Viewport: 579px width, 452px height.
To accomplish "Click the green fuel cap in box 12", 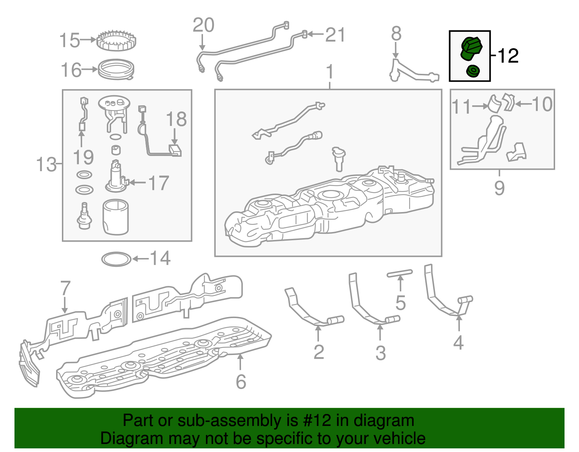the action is coord(472,49).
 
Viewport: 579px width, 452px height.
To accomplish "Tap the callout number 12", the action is coord(508,56).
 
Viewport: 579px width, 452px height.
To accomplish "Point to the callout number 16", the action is coord(71,70).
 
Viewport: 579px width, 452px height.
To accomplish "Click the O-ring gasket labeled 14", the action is coord(116,259).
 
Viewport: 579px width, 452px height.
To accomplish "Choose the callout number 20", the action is coord(204,25).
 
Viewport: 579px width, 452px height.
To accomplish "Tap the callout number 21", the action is coord(335,35).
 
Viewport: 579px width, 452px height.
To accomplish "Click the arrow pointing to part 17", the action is coord(138,182).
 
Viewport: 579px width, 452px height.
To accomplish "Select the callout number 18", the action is coord(176,119).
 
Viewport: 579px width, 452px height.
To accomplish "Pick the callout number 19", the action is coord(83,157).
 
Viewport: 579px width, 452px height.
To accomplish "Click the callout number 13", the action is coord(46,164).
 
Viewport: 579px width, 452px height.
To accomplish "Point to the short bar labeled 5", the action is coord(400,274).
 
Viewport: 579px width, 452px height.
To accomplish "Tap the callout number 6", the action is coord(241,382).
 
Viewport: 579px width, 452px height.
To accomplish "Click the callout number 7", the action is coord(65,288).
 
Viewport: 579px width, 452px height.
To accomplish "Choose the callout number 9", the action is coord(499,188).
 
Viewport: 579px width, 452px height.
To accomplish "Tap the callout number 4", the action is coord(458,342).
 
